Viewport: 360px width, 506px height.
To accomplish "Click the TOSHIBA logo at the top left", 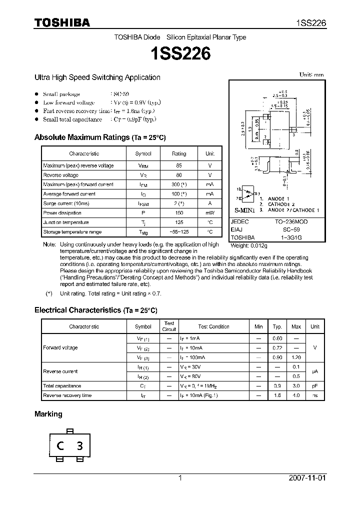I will click(x=61, y=22).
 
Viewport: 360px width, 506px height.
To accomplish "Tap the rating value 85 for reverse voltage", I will click(x=178, y=165).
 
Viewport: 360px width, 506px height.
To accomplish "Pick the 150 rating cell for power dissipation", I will click(x=178, y=213).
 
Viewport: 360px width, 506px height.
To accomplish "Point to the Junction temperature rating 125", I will click(x=178, y=222).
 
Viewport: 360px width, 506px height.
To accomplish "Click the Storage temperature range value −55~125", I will click(x=178, y=232).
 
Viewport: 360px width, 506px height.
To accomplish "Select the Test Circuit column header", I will click(x=169, y=326).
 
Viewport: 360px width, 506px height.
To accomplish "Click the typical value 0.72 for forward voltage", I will click(x=277, y=348).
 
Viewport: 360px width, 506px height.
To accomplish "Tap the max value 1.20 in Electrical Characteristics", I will click(x=296, y=357).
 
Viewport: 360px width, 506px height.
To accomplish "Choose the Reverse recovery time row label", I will click(x=67, y=395).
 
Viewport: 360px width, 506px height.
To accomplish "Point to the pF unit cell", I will click(x=314, y=386).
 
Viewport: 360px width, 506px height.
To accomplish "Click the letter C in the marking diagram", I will click(x=59, y=446).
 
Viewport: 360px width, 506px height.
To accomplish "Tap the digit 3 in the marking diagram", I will click(x=79, y=446).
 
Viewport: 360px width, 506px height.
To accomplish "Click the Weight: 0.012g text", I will click(x=249, y=245).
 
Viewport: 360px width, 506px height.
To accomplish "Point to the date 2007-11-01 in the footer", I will click(x=307, y=478).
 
